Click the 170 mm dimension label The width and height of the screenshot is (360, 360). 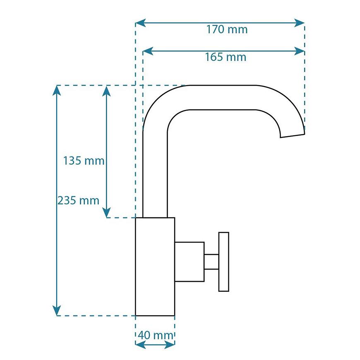click(x=227, y=30)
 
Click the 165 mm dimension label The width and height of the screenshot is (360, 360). click(x=226, y=57)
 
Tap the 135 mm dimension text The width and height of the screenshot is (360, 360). click(x=84, y=161)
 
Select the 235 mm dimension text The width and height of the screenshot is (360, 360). click(x=78, y=200)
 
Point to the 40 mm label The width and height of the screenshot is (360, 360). click(x=156, y=336)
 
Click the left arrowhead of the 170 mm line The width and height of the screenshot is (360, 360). click(x=140, y=23)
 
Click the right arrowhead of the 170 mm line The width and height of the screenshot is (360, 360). click(x=300, y=23)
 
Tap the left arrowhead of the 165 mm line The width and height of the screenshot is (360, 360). click(x=148, y=51)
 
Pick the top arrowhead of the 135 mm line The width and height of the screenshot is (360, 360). click(x=106, y=90)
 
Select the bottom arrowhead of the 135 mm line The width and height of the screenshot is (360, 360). click(x=106, y=213)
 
